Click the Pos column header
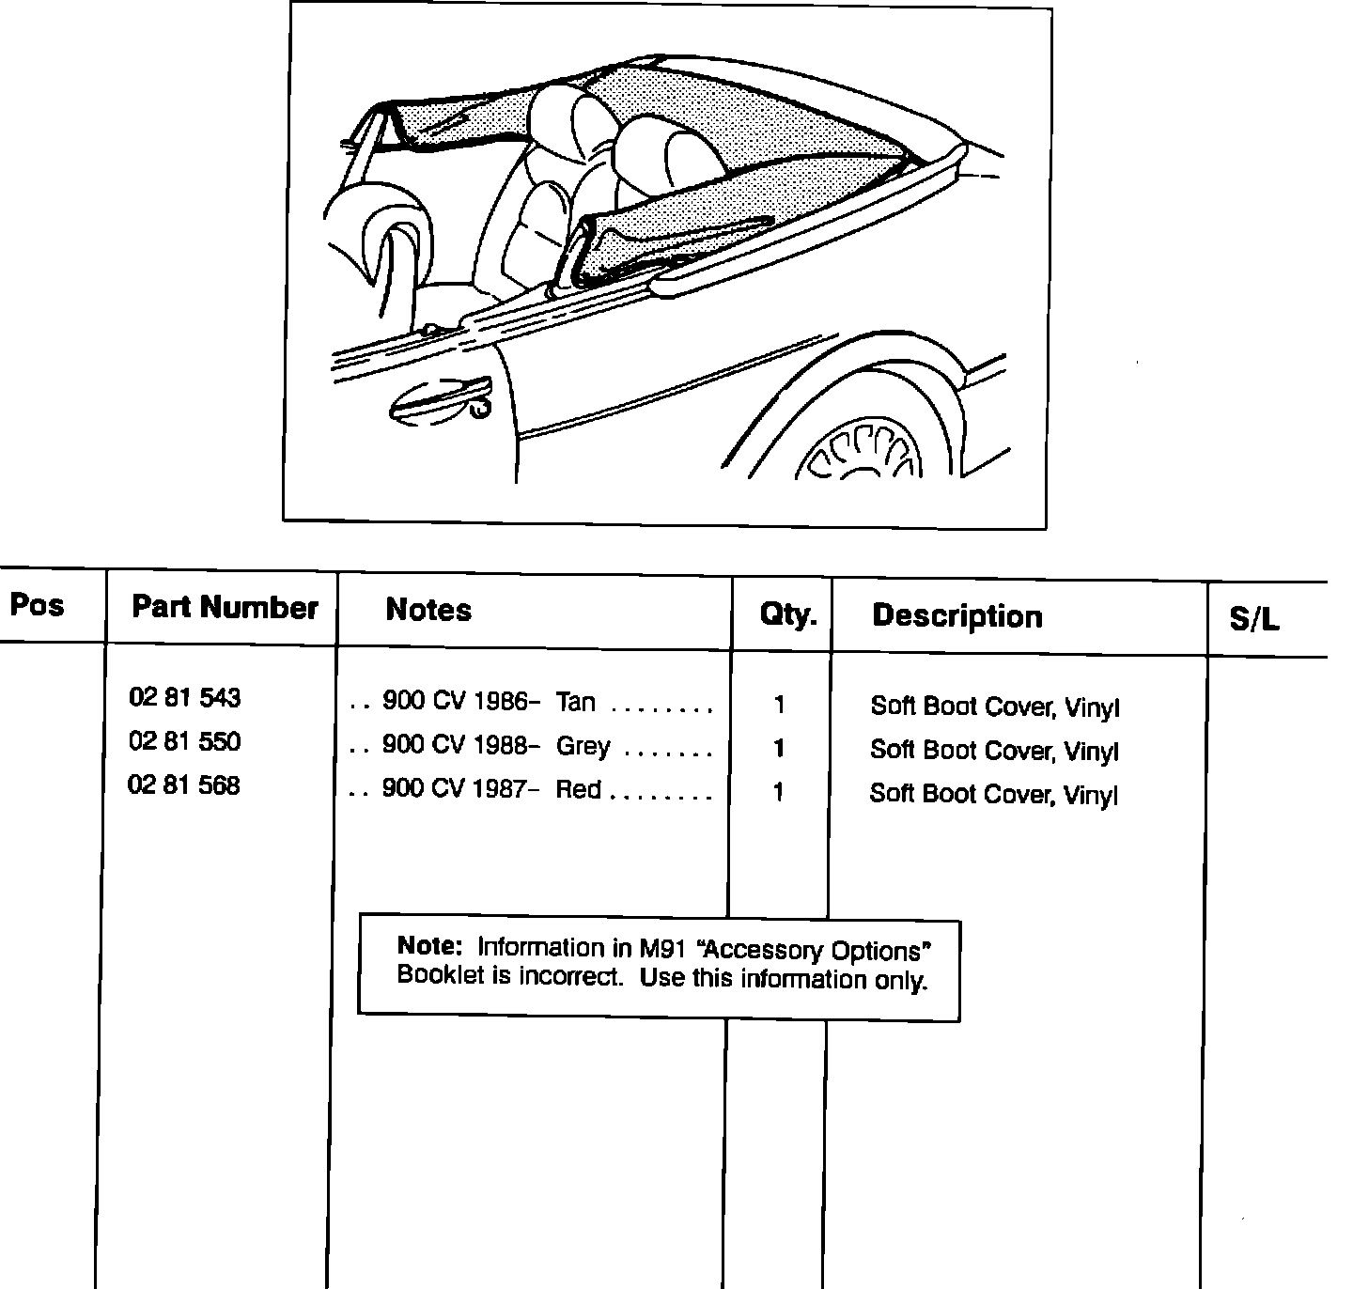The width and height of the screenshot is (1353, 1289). point(38,604)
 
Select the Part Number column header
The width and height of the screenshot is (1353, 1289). point(225,608)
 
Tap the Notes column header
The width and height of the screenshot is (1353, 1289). point(428,611)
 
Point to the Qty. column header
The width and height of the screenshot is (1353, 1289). point(788,615)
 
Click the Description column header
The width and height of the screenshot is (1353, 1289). point(957,616)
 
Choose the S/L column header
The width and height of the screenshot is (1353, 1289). point(1254,619)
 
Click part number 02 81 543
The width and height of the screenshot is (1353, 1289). point(185,698)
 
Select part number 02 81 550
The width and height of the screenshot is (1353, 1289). point(185,742)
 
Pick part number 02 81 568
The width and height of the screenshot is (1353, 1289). point(184,785)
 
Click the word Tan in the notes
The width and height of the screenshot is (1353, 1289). point(576,702)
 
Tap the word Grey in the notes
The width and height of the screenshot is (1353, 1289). point(583,746)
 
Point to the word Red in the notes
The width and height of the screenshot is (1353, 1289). point(579,789)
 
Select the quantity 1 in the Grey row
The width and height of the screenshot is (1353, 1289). point(778,749)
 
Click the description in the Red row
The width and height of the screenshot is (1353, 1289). point(994,795)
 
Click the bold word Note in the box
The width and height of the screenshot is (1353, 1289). point(430,945)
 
